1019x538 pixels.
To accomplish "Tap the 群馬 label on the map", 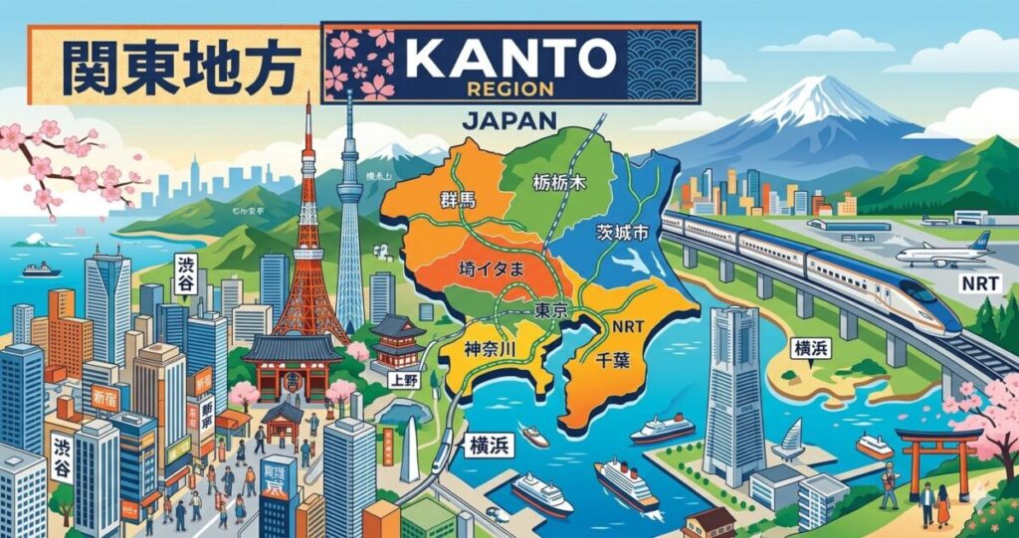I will point(459,200).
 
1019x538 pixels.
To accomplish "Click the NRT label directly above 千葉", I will point(626,325).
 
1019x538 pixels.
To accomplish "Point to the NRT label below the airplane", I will point(979,283).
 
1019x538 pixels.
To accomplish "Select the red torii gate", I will point(936,452).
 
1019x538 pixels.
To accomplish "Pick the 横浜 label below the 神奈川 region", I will point(489,447).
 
